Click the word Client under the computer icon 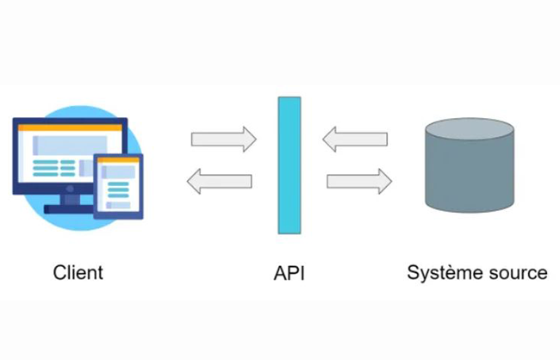[78, 273]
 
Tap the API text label [289, 273]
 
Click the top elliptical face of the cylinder [470, 130]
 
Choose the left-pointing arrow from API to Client [220, 181]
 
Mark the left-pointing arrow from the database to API [354, 138]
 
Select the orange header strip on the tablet [119, 162]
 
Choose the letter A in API [279, 273]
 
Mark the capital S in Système [414, 273]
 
